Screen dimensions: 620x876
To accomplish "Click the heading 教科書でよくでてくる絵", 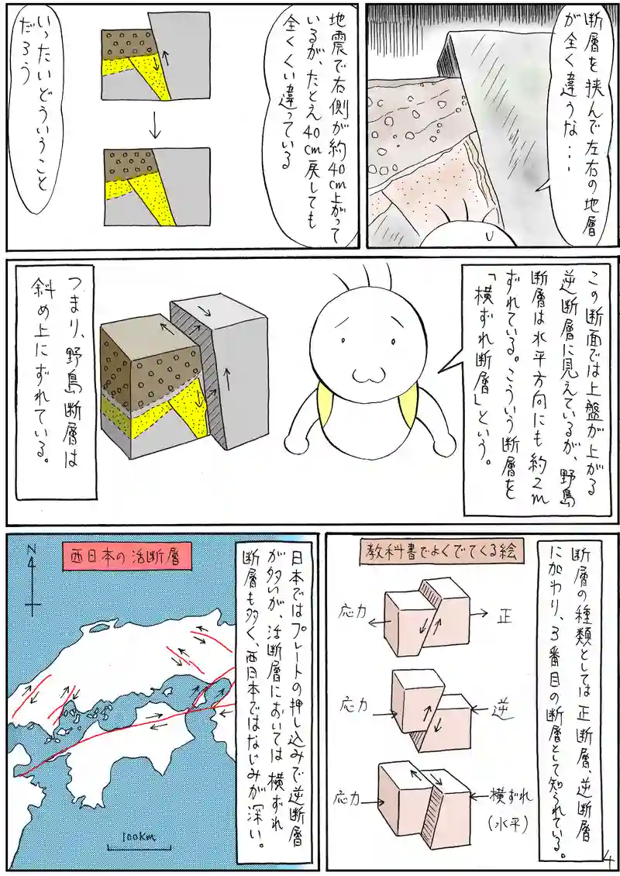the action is point(439,552).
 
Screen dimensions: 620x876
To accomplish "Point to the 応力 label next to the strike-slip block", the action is point(350,800).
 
